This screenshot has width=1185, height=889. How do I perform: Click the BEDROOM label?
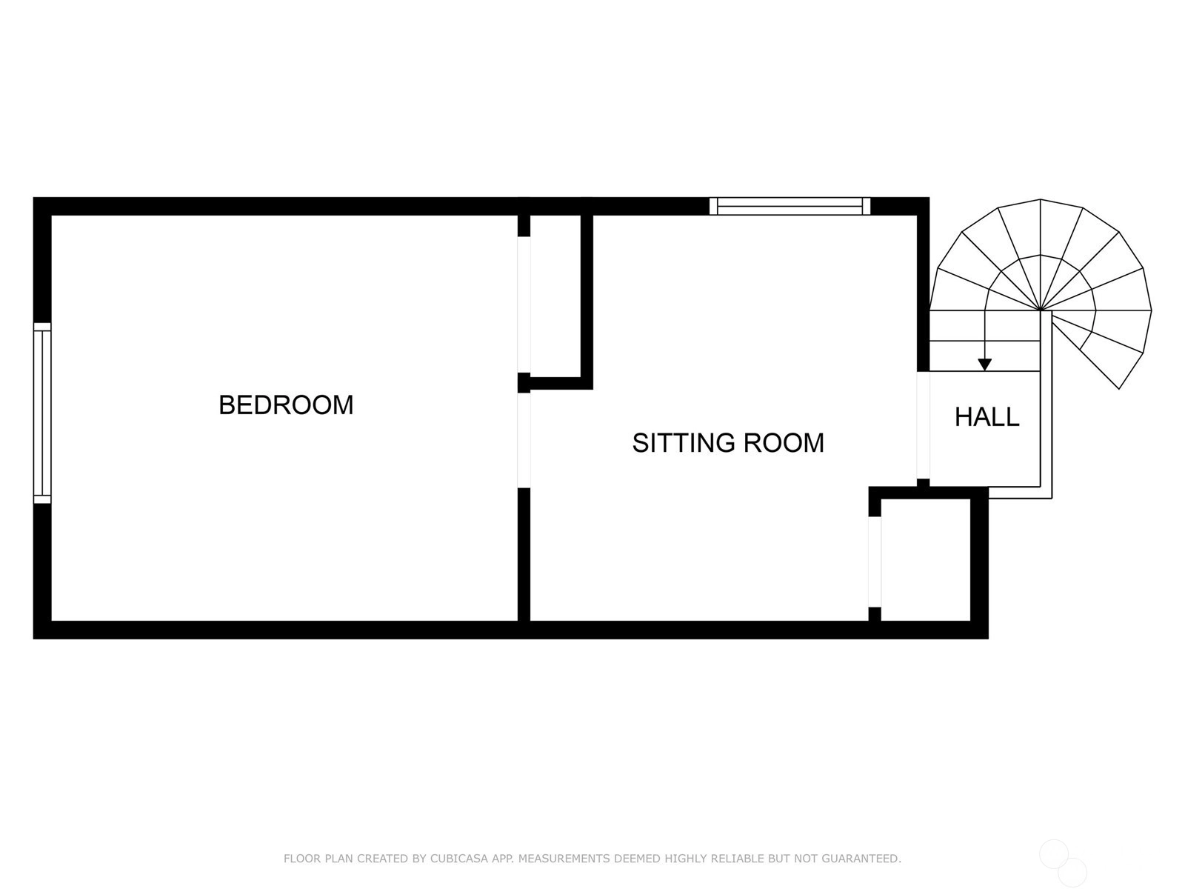(286, 404)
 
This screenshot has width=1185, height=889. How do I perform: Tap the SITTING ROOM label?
(728, 442)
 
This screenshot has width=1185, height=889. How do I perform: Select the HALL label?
(987, 416)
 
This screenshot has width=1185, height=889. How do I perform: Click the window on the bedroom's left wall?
(42, 413)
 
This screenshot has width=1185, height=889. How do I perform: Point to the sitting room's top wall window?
(790, 206)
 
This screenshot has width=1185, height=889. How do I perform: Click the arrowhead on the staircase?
(985, 365)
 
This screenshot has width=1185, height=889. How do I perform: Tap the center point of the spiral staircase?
(1041, 310)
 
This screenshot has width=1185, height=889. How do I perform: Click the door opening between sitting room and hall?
(923, 424)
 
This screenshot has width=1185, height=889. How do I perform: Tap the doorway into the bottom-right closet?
(875, 562)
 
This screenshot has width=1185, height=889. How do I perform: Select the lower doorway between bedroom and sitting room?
(524, 441)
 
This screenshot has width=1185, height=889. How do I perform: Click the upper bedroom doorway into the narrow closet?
(524, 304)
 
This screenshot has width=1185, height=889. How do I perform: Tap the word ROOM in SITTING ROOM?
(784, 442)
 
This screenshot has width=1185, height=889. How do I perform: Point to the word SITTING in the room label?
(684, 442)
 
